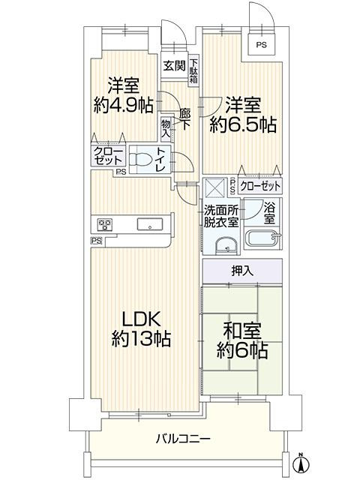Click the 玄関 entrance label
click(174, 65)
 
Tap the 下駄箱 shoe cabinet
click(193, 71)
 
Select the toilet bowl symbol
click(141, 160)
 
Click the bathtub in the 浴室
click(263, 238)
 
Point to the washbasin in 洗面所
click(226, 246)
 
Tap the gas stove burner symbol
click(105, 225)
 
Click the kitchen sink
click(150, 224)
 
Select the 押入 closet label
click(242, 271)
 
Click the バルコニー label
click(183, 439)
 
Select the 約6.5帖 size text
click(243, 125)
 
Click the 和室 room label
click(242, 331)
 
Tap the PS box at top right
click(262, 44)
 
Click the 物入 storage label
click(166, 128)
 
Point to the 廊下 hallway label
click(185, 120)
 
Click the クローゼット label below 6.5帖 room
click(260, 186)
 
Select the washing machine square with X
click(216, 187)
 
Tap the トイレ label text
click(161, 159)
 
